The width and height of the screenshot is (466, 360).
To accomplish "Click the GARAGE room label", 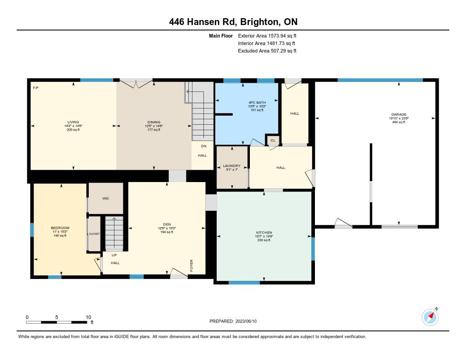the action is [399, 114].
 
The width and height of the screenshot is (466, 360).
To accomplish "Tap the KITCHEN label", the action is [264, 233].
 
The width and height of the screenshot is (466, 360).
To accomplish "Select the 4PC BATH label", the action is [257, 102].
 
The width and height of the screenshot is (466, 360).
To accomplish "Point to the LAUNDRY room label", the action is [232, 166].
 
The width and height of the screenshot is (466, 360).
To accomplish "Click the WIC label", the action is [106, 198].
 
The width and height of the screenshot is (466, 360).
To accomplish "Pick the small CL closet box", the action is [273, 140].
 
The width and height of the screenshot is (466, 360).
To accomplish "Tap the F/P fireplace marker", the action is [35, 88].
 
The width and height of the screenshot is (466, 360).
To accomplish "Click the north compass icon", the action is [430, 317].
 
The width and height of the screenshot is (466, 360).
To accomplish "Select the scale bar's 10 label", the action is [88, 317].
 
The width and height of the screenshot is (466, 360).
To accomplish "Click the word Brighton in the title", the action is [259, 22].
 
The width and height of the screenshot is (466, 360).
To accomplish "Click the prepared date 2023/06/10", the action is [246, 321].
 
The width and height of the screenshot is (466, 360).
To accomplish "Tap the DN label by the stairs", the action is [203, 146].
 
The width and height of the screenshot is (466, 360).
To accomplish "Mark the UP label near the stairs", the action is [114, 255].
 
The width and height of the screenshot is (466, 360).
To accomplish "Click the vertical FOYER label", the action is [192, 265].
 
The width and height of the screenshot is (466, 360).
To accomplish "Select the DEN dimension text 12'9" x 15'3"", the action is [167, 228].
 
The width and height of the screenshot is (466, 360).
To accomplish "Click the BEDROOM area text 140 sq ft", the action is [60, 236].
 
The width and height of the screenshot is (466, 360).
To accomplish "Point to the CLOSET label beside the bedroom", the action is [95, 234].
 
